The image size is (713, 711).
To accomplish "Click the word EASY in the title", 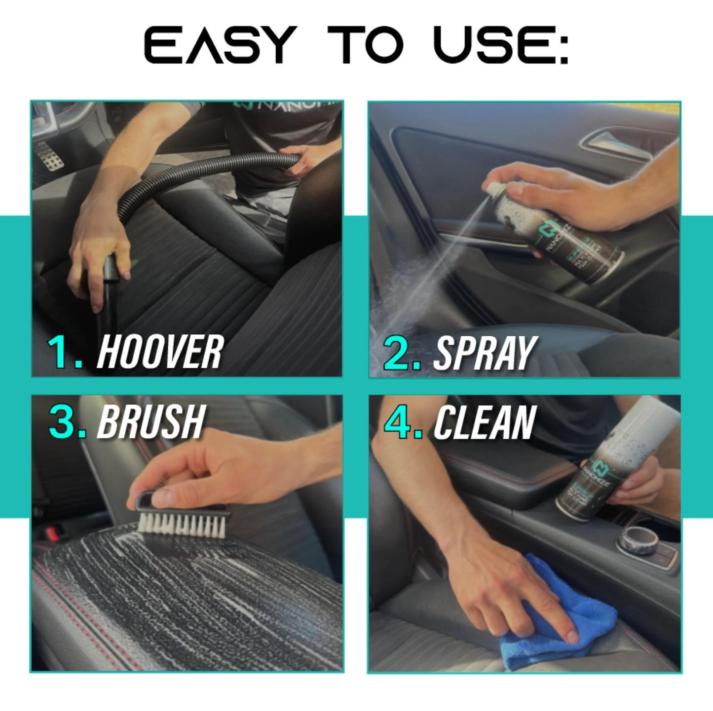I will [x=220, y=45].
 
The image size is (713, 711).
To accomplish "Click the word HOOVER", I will [x=159, y=352].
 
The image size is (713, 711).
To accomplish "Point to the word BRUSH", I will [x=151, y=422].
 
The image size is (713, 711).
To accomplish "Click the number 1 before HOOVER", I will [x=63, y=352].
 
